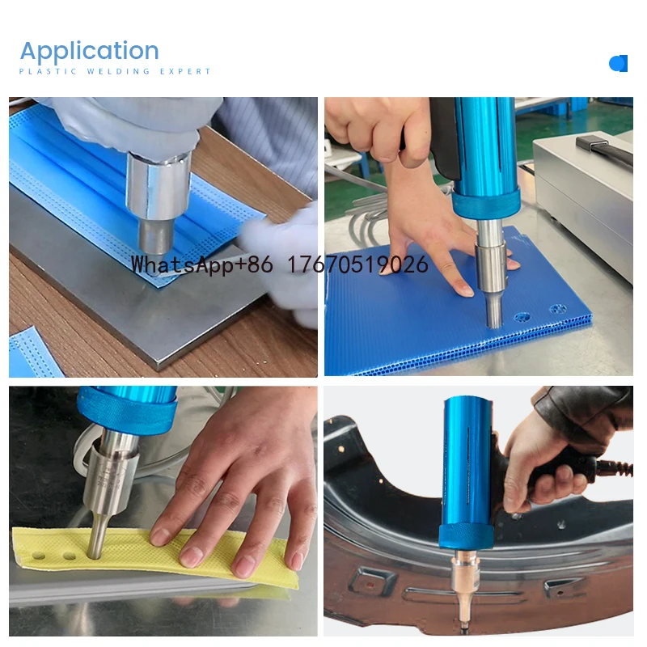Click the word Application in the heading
[90, 52]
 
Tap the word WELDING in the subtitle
[118, 71]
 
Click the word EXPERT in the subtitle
[185, 71]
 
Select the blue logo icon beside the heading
[618, 64]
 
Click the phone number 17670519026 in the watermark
[357, 264]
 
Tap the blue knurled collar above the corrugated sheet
[486, 205]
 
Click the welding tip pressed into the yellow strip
[95, 535]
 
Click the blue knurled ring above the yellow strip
[127, 412]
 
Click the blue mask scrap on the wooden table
[33, 353]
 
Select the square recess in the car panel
[372, 581]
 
